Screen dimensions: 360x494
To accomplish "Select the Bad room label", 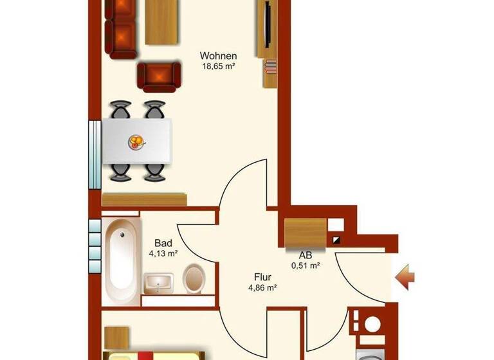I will pos(163,244).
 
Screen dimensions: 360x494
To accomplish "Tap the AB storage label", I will pos(306,255).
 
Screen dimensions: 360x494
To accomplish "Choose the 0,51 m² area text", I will pos(306,265).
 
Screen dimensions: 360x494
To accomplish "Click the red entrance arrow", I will pos(405,278).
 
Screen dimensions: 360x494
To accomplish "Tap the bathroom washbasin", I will pos(158,283).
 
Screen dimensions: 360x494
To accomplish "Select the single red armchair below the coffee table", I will pos(158,77).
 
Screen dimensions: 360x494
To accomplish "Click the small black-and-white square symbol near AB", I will pos(336,240).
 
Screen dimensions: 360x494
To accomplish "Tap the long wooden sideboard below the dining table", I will pos(145,199).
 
